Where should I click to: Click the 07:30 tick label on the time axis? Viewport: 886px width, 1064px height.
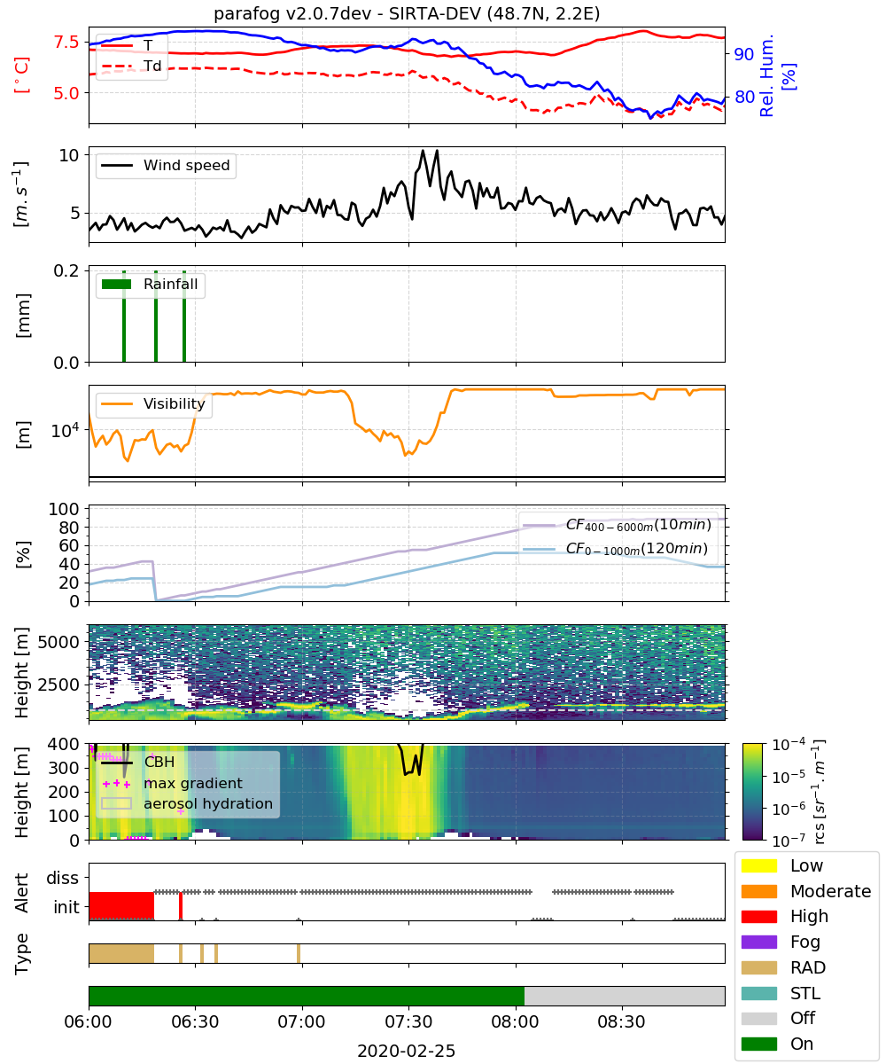(408, 1021)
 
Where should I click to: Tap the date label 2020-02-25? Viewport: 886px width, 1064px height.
(406, 1050)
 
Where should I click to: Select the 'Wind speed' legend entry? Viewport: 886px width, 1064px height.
(166, 165)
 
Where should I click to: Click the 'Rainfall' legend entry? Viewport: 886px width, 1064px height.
(151, 284)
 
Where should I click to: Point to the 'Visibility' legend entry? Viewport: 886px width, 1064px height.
(153, 403)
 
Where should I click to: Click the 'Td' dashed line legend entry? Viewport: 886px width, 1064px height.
(131, 66)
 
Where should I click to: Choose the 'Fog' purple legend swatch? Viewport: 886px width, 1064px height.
(758, 941)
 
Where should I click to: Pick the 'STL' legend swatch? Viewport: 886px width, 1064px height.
(758, 993)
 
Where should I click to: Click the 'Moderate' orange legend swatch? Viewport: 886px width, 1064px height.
(758, 891)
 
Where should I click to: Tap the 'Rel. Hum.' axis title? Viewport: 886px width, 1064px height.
(766, 75)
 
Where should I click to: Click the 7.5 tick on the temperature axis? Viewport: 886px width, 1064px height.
(66, 42)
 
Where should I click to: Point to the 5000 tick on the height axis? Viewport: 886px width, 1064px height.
(58, 642)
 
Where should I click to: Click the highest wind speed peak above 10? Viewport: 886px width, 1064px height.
(423, 151)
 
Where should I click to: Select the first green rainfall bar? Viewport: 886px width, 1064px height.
(124, 316)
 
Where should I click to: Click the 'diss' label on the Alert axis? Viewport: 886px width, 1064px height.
(62, 878)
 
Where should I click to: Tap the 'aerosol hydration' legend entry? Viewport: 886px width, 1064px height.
(187, 803)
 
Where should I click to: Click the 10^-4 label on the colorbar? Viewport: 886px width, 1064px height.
(789, 745)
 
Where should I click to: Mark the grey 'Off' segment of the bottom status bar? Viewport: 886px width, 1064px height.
(625, 996)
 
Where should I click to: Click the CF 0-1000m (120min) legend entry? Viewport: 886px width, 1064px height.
(615, 549)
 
